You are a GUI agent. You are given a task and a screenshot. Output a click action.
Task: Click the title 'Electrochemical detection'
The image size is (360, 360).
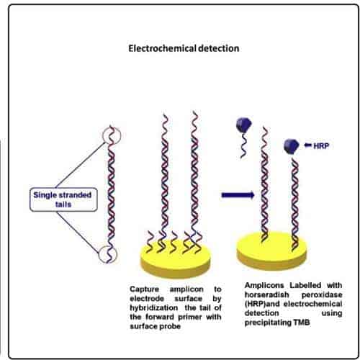[x=184, y=49]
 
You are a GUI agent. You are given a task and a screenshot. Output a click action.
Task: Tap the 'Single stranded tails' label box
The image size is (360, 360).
[x=63, y=199]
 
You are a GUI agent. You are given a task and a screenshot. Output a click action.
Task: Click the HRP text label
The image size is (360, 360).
[x=321, y=145]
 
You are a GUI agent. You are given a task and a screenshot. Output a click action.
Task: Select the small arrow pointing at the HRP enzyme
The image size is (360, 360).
[x=308, y=145]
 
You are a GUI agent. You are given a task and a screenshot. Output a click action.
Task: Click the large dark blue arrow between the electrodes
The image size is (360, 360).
[x=238, y=195]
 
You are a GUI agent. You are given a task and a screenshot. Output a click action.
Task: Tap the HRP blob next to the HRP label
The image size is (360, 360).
[x=291, y=146]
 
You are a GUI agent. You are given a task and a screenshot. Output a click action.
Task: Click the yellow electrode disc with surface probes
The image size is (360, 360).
[x=176, y=261]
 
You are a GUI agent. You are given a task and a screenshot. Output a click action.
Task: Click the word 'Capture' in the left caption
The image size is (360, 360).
[x=144, y=289]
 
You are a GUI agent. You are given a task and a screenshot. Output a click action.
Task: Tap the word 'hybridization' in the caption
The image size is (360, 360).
[x=154, y=307]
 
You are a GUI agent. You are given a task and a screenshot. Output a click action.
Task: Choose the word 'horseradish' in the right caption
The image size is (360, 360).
[x=266, y=294]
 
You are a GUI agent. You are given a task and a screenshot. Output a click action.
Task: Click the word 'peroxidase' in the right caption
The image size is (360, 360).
[x=322, y=295]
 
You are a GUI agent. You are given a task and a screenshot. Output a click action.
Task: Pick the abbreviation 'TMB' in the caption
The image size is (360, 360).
[x=302, y=323]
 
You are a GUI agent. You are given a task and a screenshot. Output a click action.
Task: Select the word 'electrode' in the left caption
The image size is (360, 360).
[x=147, y=299]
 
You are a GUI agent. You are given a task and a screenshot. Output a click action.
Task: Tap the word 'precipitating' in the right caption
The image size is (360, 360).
[x=268, y=323]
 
